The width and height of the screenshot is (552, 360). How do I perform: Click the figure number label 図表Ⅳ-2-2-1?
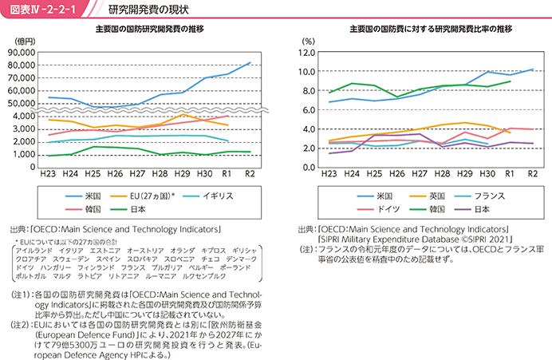click(x=43, y=10)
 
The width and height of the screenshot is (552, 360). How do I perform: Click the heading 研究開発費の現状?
click(x=148, y=10)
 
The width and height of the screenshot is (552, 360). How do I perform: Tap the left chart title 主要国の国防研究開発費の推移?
click(x=150, y=29)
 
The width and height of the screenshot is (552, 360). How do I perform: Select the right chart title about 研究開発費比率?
click(x=431, y=29)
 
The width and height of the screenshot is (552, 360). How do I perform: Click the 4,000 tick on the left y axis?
click(x=24, y=117)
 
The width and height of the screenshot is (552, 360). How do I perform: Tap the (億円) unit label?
click(x=25, y=42)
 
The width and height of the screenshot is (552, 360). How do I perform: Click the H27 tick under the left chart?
click(x=137, y=174)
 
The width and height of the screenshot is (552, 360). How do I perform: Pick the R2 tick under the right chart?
click(x=533, y=174)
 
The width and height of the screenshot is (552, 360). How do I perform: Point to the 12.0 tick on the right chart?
click(x=307, y=53)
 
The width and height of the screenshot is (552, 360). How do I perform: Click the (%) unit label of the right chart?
click(x=309, y=42)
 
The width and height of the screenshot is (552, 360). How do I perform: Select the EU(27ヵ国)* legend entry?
click(x=142, y=196)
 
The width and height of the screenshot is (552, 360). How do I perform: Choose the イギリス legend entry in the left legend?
click(x=208, y=196)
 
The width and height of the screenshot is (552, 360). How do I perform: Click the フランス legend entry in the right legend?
click(x=479, y=196)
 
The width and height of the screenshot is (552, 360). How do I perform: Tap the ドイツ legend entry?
click(x=378, y=209)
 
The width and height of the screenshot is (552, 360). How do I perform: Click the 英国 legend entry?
click(x=428, y=196)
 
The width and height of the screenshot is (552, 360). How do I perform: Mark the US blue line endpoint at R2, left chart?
click(x=250, y=63)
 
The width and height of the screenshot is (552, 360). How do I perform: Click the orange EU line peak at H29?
click(x=182, y=114)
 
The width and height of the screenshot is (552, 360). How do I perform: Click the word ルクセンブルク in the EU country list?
click(x=204, y=276)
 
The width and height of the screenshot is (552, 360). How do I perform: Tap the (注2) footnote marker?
click(x=21, y=324)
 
